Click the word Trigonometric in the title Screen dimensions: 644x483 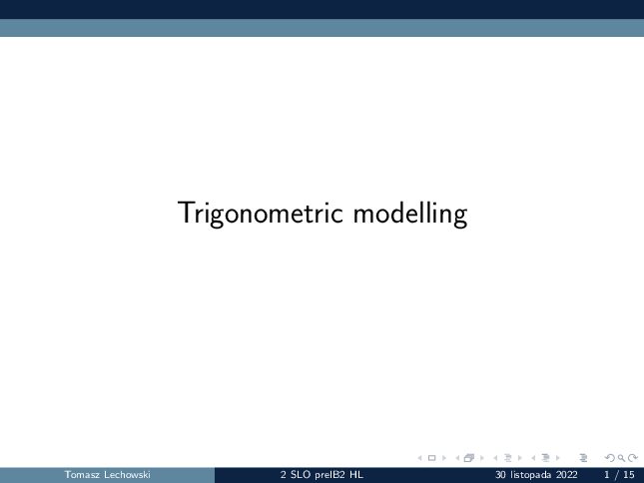coord(260,213)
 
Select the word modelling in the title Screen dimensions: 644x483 coord(410,213)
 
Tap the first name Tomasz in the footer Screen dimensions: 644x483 coord(81,475)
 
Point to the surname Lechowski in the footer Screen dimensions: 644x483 coord(127,475)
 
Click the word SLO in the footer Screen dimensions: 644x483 coord(301,475)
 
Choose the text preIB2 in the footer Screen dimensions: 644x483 coord(330,475)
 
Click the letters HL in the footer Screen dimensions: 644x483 coord(356,475)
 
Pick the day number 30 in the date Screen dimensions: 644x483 coord(500,475)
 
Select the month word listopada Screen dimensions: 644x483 coord(531,475)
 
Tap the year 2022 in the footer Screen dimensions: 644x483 coord(567,475)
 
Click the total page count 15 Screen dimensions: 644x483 coord(629,475)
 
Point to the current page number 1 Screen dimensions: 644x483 coord(607,475)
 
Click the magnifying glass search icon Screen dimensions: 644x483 coord(621,458)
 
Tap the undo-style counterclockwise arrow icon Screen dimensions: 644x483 coord(610,458)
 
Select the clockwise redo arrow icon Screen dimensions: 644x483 coord(633,458)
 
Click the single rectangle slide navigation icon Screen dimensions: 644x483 coord(431,458)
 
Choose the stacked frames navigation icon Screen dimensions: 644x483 coord(469,458)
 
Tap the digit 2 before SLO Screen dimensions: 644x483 coord(283,475)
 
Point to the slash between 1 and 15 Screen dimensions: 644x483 coord(616,475)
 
